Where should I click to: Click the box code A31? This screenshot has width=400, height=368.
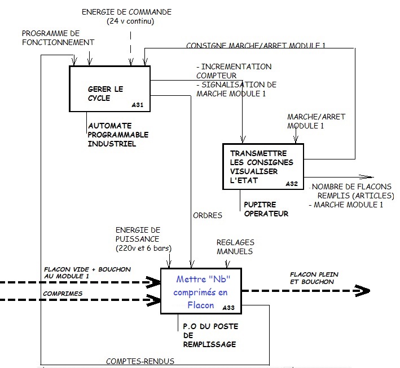[138, 105]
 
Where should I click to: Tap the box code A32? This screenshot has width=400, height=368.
[292, 184]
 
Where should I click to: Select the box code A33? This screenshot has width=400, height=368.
[228, 308]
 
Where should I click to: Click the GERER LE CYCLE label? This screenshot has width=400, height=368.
[106, 94]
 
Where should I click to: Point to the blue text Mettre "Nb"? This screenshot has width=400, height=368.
[203, 279]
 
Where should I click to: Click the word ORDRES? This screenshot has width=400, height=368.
[208, 216]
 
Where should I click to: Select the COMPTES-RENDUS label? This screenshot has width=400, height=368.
[140, 361]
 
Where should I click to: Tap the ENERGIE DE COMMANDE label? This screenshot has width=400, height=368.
[126, 12]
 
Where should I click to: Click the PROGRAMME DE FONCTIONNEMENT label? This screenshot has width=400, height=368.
[58, 38]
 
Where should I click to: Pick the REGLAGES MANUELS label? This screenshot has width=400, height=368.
[235, 247]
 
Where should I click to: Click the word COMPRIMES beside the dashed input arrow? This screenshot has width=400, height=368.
[63, 294]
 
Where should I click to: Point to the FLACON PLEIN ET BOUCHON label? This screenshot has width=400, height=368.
[314, 278]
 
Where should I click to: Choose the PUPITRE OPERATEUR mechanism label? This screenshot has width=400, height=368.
[266, 209]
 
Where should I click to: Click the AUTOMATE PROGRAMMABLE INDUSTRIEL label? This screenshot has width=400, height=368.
[118, 135]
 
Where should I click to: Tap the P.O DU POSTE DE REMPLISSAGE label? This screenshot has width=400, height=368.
[210, 335]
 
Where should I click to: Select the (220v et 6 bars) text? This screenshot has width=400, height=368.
[144, 248]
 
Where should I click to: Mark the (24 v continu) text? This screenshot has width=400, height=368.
[130, 21]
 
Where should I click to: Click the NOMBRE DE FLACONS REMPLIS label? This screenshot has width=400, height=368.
[353, 191]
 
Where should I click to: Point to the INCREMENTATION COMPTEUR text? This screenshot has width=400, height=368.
[234, 71]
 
